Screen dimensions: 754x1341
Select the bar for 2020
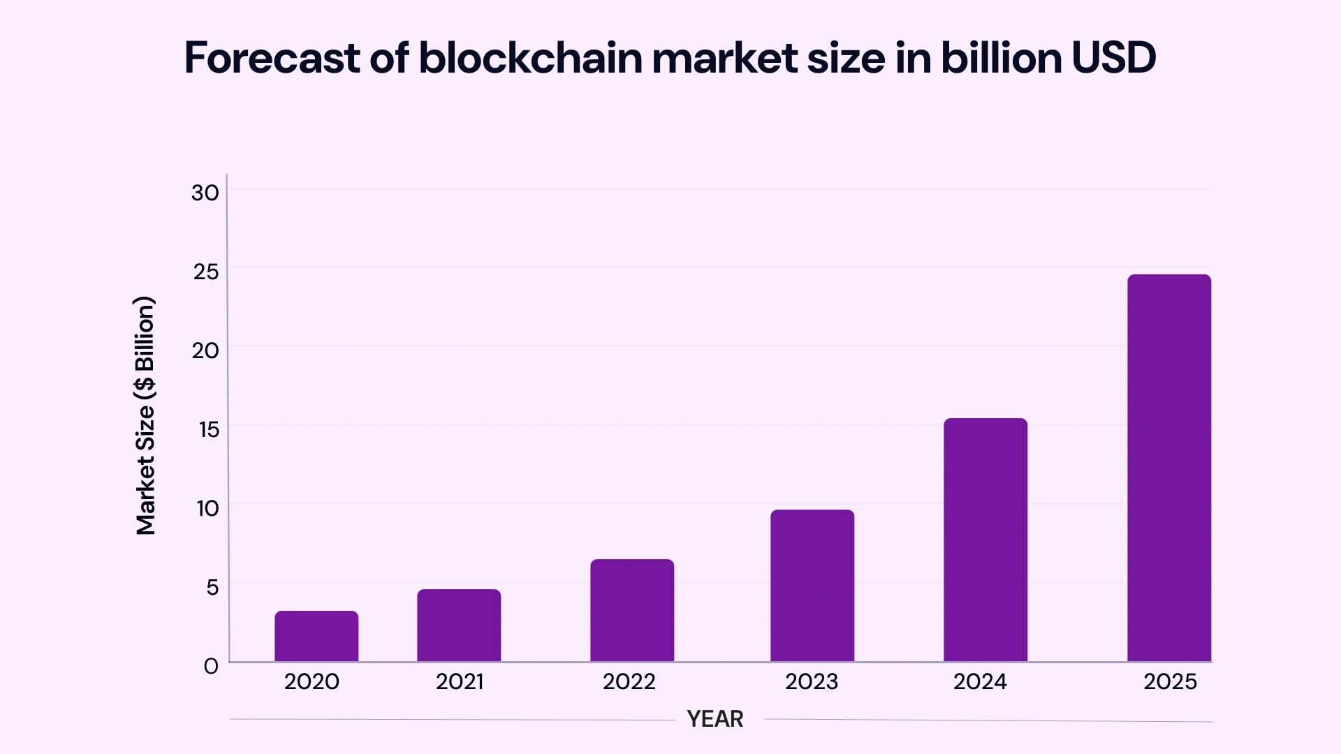316,636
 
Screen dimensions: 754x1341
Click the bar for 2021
459,626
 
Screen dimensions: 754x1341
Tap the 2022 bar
632,610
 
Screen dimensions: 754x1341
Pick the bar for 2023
812,586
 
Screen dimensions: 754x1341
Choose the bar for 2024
985,540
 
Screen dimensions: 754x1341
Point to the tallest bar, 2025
1169,468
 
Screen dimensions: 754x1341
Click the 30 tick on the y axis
205,193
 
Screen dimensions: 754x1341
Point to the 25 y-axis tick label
206,272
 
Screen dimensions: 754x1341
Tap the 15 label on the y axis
209,429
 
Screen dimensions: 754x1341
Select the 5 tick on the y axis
212,587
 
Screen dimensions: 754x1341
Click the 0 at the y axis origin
211,666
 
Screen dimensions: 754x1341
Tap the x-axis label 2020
312,681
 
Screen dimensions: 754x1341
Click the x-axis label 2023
812,681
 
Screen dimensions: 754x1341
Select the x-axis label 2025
1170,681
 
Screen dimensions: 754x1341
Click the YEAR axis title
715,718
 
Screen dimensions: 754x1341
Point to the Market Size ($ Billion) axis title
145,416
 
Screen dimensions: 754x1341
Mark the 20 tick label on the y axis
205,350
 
